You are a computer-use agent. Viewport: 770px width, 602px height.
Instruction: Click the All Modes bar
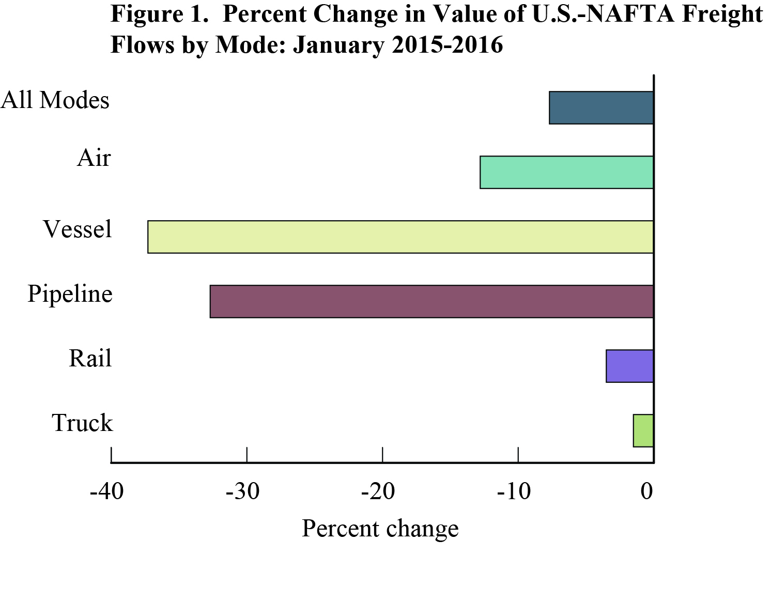[x=601, y=107]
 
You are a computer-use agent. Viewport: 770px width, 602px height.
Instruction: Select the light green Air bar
[x=566, y=172]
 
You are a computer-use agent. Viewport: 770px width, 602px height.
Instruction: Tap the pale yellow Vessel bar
[x=401, y=237]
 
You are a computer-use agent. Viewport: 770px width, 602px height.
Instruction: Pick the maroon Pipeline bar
[x=432, y=301]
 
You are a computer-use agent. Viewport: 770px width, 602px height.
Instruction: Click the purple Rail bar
[x=629, y=366]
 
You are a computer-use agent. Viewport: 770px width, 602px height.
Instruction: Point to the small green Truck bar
[x=643, y=430]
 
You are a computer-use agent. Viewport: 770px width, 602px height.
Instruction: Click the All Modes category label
[x=55, y=100]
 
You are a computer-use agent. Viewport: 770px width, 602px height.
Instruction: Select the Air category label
[x=94, y=158]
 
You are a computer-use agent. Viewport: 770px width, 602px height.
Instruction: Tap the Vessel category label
[x=78, y=229]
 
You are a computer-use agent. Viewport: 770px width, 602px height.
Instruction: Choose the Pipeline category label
[x=70, y=294]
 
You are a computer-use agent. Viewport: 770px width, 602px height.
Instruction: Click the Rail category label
[x=90, y=358]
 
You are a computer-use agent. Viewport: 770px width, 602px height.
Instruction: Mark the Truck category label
[x=82, y=423]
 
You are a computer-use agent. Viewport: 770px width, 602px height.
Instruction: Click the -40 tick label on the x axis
[x=107, y=491]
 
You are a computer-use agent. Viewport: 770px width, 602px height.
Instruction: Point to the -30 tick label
[x=242, y=491]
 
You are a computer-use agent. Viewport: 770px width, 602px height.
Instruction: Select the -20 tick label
[x=378, y=491]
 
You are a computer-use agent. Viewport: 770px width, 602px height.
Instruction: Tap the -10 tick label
[x=514, y=491]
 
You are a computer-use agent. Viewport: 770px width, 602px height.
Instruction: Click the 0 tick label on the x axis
[x=647, y=491]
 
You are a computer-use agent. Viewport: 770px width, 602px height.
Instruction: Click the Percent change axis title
[x=380, y=529]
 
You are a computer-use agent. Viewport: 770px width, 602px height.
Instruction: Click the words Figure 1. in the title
[x=159, y=14]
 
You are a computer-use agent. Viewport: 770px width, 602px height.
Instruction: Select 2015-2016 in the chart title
[x=448, y=44]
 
